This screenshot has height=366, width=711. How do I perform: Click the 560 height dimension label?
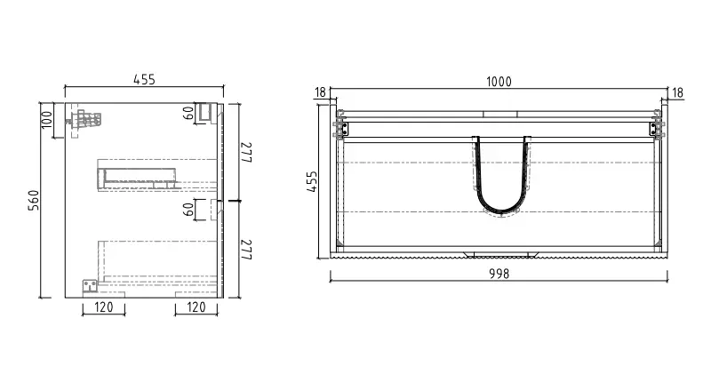34,200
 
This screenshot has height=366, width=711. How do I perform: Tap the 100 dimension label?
47,120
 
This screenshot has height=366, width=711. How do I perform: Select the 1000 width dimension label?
499,82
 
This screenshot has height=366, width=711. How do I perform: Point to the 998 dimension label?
499,274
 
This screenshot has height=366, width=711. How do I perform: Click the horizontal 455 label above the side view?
144,80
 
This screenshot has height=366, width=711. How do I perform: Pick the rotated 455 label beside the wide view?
313,181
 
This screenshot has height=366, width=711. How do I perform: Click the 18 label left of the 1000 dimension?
320,92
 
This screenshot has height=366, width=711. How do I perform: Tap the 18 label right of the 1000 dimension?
677,93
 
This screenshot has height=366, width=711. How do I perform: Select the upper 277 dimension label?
246,152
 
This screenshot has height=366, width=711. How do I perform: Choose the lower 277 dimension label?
246,250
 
